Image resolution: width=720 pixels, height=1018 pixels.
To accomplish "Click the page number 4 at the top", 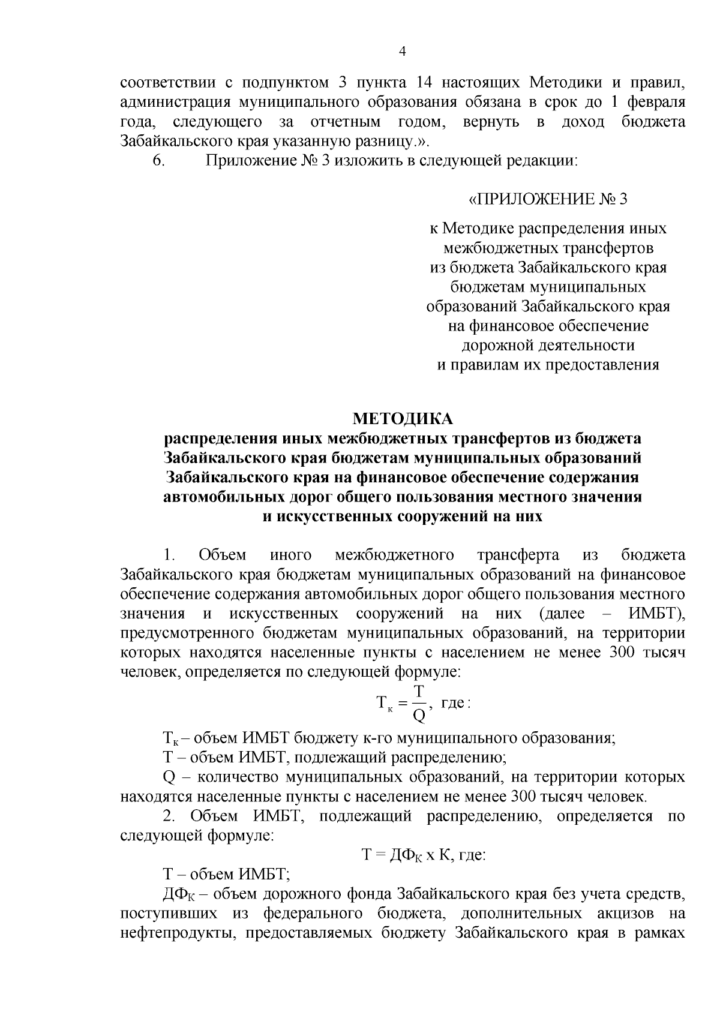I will click(x=403, y=52).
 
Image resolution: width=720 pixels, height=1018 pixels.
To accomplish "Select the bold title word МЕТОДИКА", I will click(x=403, y=418).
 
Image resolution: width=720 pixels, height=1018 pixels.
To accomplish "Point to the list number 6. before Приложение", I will click(x=158, y=161).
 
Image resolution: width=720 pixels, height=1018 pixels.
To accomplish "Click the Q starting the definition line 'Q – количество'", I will click(x=169, y=777).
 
